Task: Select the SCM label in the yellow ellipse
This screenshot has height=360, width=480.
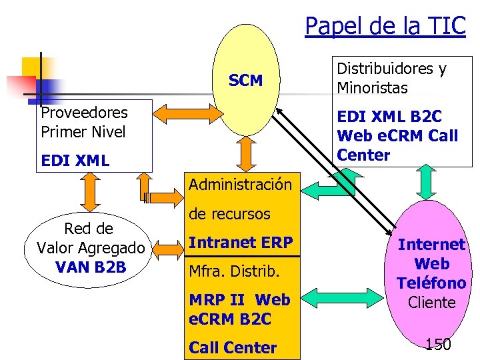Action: coord(245,81)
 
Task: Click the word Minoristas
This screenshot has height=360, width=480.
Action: coord(372,88)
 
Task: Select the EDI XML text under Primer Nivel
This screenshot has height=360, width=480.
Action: coord(75,161)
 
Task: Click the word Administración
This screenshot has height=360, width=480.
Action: coord(241,184)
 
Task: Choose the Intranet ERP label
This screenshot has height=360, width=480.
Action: coord(241,243)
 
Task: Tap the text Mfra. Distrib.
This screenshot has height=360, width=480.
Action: coord(231,272)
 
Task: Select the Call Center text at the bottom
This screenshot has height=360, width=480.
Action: coord(233,347)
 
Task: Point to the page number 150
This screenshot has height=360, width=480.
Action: coord(438,344)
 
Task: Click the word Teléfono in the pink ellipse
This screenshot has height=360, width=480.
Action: coord(431,283)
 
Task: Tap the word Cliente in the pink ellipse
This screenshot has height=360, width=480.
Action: coord(431,302)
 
